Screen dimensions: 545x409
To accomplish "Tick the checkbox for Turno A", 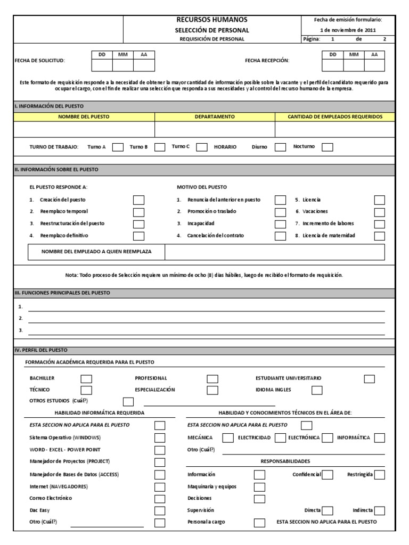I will tap(118, 147).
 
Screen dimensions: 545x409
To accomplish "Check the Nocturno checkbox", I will tap(328, 147).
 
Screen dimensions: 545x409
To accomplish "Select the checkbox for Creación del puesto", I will tap(138, 200).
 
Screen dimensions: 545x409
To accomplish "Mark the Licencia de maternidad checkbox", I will tap(379, 236).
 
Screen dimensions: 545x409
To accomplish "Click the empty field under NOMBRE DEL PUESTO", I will tap(84, 129).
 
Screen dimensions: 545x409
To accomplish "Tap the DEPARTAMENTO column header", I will tap(215, 117).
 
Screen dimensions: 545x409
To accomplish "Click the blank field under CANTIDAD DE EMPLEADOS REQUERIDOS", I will tap(335, 129).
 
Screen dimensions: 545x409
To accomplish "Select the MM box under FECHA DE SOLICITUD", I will tap(122, 65).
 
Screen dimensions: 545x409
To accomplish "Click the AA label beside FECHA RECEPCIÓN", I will tap(374, 54).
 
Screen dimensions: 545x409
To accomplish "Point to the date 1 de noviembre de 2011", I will tap(348, 30).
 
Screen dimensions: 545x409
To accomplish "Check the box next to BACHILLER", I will tap(86, 379).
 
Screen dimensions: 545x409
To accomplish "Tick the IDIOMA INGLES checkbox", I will tap(317, 391).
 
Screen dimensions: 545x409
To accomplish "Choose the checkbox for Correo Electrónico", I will tap(160, 499).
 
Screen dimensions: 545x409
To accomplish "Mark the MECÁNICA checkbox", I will tap(227, 438).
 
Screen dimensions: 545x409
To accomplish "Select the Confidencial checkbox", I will tap(328, 475).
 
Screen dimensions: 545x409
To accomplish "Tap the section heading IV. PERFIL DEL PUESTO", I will tap(41, 350).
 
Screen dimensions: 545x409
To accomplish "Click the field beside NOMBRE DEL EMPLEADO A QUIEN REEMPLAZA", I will tap(274, 252).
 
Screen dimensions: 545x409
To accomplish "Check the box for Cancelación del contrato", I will tap(280, 236).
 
